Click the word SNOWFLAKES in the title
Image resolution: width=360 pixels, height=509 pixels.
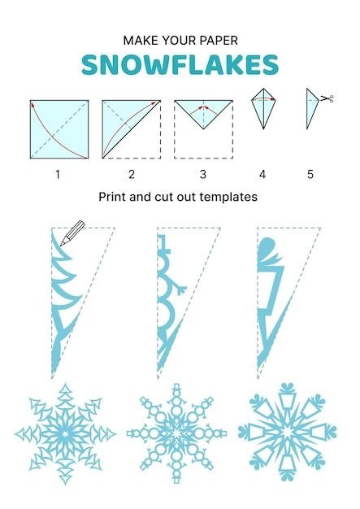[x=180, y=64]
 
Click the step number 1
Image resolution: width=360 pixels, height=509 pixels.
[x=58, y=174]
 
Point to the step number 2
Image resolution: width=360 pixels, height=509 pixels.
[x=132, y=174]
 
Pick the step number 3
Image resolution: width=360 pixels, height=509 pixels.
[x=203, y=174]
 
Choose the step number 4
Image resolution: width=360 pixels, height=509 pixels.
[x=262, y=174]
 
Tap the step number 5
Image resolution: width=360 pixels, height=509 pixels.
[x=310, y=174]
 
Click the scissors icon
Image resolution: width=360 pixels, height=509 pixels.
[x=327, y=98]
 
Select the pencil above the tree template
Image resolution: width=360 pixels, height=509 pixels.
[x=72, y=233]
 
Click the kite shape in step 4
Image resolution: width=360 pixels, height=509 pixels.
[x=263, y=109]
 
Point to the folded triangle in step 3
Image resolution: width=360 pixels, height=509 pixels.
[x=203, y=111]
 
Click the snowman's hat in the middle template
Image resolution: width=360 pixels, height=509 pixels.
[x=163, y=244]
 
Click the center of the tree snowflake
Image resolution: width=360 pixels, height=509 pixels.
[x=65, y=434]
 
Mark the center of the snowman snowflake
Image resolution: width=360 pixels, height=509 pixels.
[x=177, y=433]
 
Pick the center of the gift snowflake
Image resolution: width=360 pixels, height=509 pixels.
[x=287, y=432]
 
